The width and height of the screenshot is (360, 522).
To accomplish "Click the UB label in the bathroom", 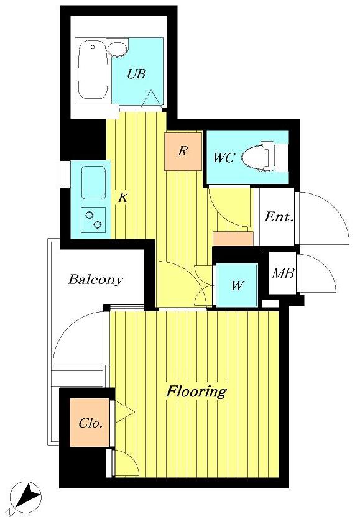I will point(136,74).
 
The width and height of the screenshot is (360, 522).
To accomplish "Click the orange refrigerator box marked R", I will point(183,150).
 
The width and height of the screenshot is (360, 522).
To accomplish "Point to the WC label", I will point(223,158).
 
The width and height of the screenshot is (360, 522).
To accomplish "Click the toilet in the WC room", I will point(267,157).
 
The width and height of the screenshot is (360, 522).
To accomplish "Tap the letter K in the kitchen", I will point(123,198).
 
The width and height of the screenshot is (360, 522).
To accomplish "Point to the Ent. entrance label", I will point(278,217).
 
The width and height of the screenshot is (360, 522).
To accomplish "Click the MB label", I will point(283,273).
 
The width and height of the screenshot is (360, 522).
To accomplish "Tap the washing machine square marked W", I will point(236,285).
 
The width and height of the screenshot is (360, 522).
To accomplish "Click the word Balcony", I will point(96,279).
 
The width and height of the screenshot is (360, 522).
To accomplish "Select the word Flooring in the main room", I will point(195,391).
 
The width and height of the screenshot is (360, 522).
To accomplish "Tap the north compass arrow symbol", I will point(29,496).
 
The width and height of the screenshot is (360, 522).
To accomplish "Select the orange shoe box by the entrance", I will point(233,239).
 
